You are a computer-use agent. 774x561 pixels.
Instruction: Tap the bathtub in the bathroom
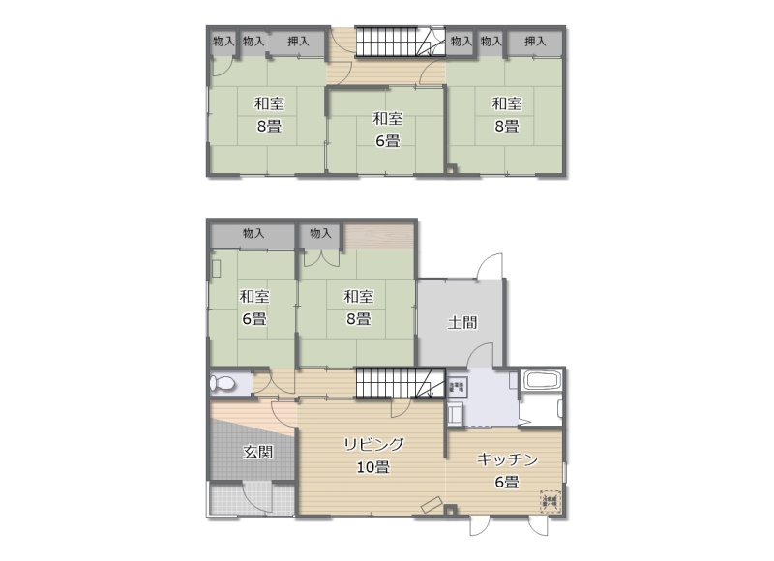[542, 380]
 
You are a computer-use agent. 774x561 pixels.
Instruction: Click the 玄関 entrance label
[258, 452]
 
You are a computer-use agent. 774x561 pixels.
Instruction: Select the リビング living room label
[373, 445]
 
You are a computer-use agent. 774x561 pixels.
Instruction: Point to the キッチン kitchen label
[507, 459]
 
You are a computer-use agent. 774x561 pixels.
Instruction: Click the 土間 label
[462, 323]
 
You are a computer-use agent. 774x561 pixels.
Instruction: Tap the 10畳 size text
[373, 467]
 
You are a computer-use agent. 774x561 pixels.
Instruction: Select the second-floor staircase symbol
[400, 42]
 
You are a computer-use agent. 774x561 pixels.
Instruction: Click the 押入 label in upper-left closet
[298, 42]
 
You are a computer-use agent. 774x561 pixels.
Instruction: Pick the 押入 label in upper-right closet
[535, 42]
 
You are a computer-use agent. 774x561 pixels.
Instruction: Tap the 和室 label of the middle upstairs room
[388, 118]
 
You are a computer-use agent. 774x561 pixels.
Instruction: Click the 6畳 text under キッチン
[507, 482]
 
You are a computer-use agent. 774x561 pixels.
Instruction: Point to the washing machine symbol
[457, 386]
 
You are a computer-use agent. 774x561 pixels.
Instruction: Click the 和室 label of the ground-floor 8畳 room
[358, 297]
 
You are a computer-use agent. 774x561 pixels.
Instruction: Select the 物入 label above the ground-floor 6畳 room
[253, 233]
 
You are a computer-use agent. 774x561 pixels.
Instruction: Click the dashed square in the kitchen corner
[550, 502]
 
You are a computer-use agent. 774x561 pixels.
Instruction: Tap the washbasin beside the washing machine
[456, 414]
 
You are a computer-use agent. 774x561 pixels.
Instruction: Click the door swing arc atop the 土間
[490, 266]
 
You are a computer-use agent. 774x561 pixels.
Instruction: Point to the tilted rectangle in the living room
[431, 505]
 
